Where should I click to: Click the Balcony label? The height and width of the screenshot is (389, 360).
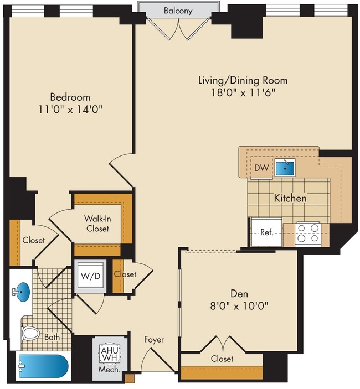(178, 10)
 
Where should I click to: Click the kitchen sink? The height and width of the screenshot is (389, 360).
(286, 167)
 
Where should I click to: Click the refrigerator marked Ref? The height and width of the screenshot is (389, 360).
(266, 232)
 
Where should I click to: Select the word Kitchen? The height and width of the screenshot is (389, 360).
(290, 198)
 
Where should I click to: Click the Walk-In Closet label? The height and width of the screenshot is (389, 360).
(96, 223)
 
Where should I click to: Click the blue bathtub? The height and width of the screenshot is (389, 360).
(42, 366)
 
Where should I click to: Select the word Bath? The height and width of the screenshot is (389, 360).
(52, 336)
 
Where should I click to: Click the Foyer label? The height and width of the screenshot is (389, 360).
(153, 339)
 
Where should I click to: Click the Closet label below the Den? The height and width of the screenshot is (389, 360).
(222, 359)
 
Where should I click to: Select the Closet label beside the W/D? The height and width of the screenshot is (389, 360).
(125, 274)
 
